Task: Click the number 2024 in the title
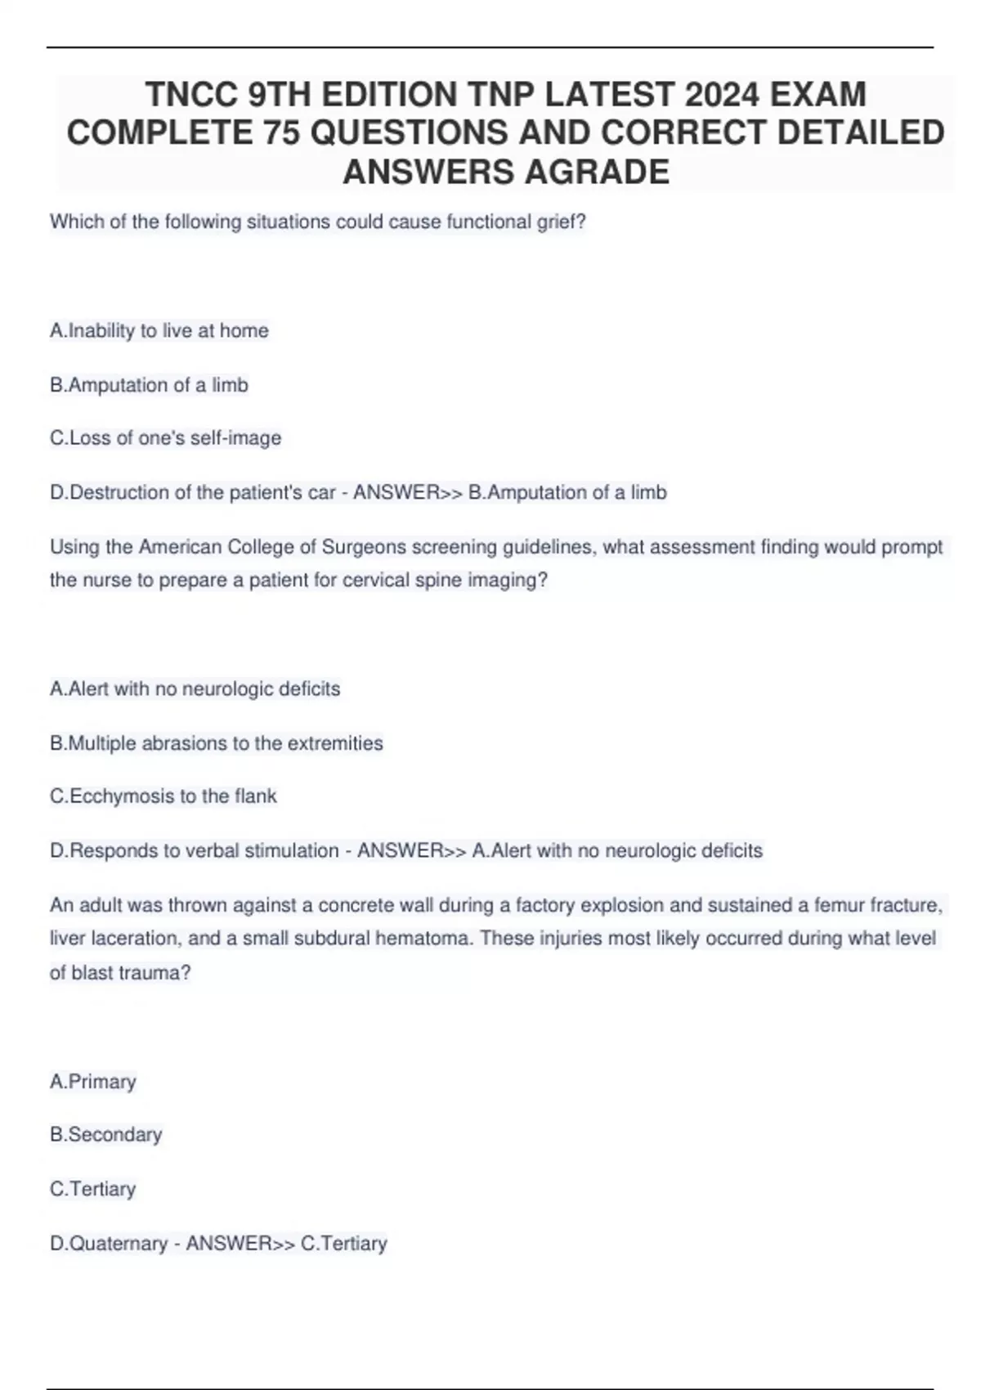point(716,95)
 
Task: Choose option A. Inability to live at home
point(159,330)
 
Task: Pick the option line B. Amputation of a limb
point(149,384)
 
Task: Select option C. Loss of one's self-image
point(165,438)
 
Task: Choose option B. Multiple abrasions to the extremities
point(217,743)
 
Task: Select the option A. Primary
point(93,1081)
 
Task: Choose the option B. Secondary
point(106,1134)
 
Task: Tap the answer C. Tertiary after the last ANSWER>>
point(344,1243)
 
